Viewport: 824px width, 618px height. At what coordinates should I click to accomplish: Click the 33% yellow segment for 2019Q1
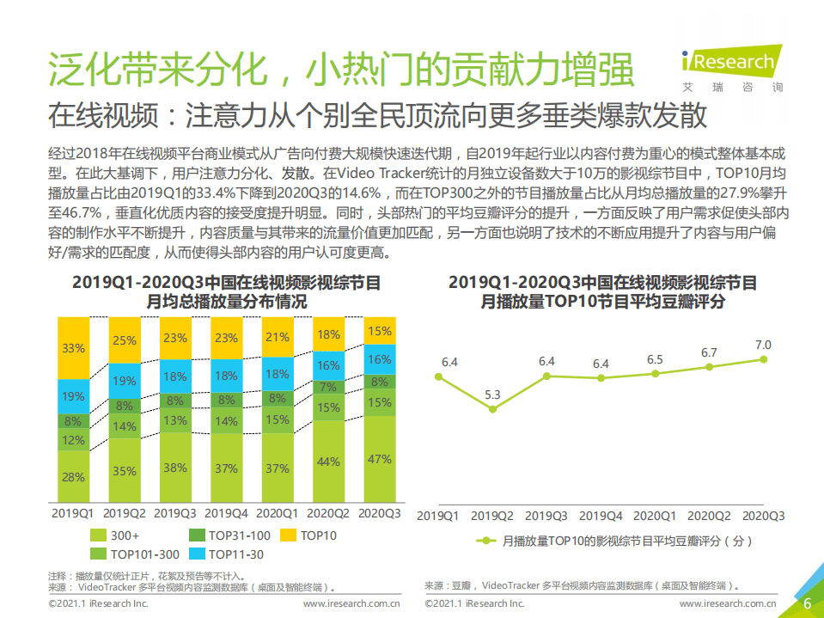pyautogui.click(x=74, y=348)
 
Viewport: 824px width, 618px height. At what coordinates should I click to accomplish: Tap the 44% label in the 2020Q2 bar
pyautogui.click(x=328, y=462)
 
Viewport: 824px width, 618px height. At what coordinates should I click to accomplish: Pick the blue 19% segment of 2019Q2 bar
pyautogui.click(x=125, y=381)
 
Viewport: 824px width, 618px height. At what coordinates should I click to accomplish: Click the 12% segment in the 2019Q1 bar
pyautogui.click(x=74, y=440)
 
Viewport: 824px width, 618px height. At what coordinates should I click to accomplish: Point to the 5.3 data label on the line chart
pyautogui.click(x=492, y=395)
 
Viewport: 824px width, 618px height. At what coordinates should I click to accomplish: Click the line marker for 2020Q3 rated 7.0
pyautogui.click(x=762, y=360)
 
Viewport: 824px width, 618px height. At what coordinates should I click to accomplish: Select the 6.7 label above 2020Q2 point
pyautogui.click(x=709, y=352)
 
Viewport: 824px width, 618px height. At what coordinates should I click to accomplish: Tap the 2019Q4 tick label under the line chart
pyautogui.click(x=601, y=517)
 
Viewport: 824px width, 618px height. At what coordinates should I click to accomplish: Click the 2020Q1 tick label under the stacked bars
pyautogui.click(x=278, y=513)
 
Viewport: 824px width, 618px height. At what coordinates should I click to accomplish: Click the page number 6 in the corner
pyautogui.click(x=807, y=603)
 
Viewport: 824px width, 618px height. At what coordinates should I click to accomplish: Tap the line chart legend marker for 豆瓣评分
pyautogui.click(x=485, y=541)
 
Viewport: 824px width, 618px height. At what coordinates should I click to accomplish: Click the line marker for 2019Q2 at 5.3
pyautogui.click(x=492, y=409)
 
